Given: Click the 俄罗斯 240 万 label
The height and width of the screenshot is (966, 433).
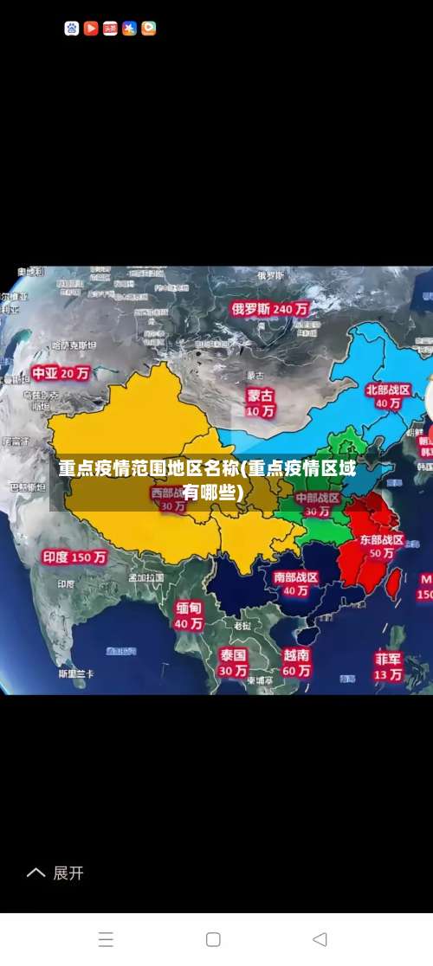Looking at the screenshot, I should pos(270,308).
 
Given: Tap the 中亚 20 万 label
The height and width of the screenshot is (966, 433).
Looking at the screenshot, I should pos(61,374).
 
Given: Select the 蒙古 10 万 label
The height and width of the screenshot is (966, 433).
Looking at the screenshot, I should pos(260,402).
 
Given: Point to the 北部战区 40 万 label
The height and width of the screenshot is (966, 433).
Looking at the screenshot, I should pos(388,396).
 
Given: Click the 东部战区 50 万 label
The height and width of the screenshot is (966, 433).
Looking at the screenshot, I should pos(382,546).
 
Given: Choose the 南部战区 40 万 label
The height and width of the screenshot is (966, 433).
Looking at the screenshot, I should pos(296,583).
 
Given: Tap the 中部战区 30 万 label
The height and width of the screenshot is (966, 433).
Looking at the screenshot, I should pos(318,505).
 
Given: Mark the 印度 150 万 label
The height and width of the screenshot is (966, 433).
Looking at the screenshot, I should pos(74,557).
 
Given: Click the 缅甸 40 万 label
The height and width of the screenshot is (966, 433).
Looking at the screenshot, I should pos(189,615).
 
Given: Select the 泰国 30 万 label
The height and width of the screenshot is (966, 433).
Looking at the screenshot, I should pos(233,662).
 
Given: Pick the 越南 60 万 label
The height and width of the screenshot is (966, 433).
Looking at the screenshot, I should pos(296,662).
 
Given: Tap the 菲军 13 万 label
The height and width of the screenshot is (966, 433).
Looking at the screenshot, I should pos(388,666).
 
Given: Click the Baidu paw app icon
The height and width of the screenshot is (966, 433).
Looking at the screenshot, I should pos(72,29).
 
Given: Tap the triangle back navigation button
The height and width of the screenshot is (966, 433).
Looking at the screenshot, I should pos(320,939).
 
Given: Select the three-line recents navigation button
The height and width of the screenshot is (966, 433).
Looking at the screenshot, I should pos(106,939).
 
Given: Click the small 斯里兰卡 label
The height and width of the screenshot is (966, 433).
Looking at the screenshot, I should pos(76,673).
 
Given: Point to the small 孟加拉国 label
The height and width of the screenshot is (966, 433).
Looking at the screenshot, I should pos(145,577).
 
